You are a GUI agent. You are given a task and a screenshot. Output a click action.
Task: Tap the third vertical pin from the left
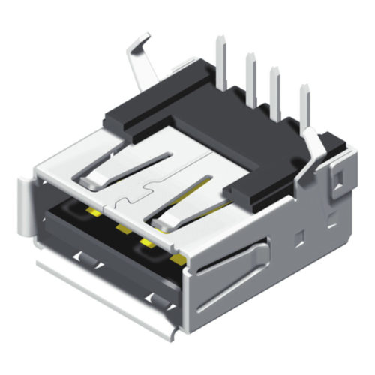coord(277,84)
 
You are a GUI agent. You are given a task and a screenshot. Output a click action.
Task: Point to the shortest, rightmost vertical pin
coord(305,101)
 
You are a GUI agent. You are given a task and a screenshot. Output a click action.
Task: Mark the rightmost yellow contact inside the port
coord(178,260)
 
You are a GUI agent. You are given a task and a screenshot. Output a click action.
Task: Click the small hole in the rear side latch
coord(338,176)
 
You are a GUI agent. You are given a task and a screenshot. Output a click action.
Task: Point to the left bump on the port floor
coord(87,259)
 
